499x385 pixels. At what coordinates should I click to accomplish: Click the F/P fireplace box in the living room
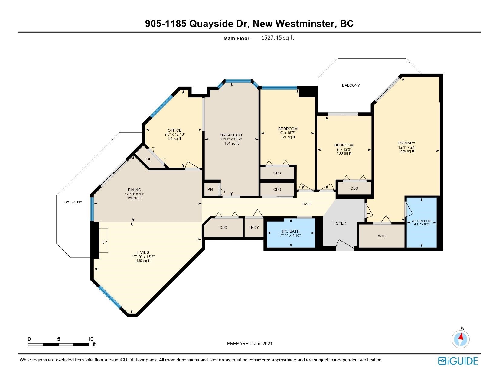pos(103,240)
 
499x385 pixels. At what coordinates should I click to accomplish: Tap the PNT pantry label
pos(211,190)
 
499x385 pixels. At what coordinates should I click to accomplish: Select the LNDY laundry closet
pos(254,227)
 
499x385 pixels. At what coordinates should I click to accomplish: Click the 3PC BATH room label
pos(290,231)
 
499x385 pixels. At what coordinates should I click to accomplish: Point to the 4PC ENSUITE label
pos(421,221)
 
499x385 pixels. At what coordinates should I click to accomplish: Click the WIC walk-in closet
pos(381,236)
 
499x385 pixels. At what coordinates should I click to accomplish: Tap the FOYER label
pos(340,223)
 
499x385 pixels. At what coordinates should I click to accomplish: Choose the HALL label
pos(307,204)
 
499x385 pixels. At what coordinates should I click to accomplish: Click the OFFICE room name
pos(174,130)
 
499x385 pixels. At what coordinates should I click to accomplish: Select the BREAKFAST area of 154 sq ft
pos(231,143)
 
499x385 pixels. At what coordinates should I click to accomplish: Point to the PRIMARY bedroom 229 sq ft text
pos(407,151)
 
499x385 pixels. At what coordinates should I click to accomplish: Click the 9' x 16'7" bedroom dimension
pos(288,133)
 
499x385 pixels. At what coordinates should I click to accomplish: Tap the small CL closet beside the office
pos(149,159)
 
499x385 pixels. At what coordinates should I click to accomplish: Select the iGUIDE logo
pos(458,361)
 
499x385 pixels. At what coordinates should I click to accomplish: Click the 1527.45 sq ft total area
pos(277,37)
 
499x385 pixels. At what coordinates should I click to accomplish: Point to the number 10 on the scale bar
pos(90,339)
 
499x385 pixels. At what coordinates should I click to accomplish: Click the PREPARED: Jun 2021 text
pos(249,343)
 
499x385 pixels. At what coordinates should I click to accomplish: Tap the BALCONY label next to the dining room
pos(73,202)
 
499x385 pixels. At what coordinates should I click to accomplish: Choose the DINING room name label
pos(134,190)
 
